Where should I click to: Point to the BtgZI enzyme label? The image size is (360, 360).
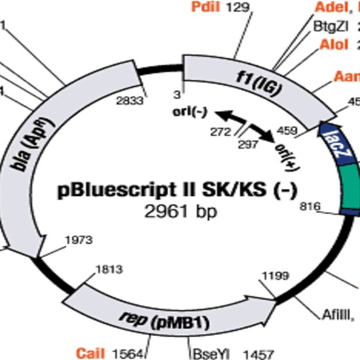[329, 26]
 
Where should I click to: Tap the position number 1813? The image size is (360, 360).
[109, 270]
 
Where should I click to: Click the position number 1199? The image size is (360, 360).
[275, 276]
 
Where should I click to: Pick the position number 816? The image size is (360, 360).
[310, 206]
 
